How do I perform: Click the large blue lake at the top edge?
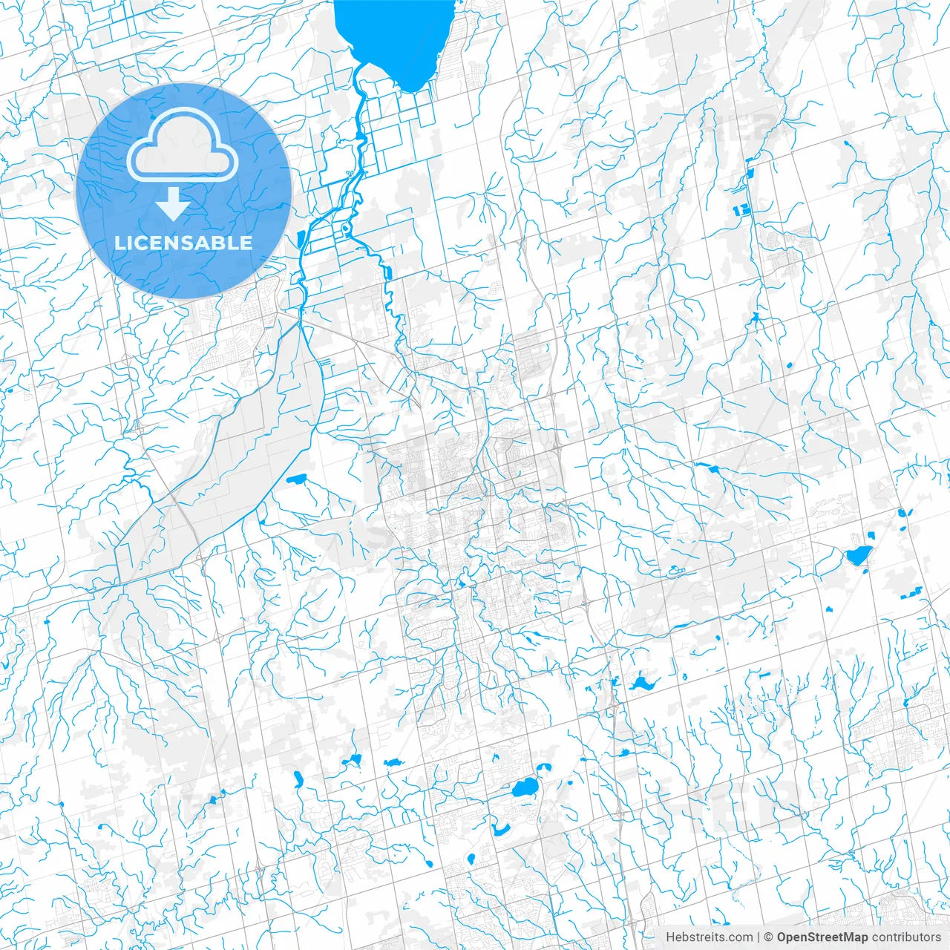coord(393,37)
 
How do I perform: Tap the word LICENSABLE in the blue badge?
coord(183,243)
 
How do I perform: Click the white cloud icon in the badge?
coord(183,145)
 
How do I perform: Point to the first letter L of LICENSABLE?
coord(119,243)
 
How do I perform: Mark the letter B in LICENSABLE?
coord(223,243)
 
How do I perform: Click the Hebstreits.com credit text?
coord(709,937)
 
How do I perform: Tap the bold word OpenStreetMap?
coord(822,937)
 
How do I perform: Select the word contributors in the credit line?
coord(906,937)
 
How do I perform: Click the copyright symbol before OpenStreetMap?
coord(769,937)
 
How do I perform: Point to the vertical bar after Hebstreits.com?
coord(759,937)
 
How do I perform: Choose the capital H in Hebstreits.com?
coord(670,937)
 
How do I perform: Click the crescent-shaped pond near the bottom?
coord(500,827)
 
